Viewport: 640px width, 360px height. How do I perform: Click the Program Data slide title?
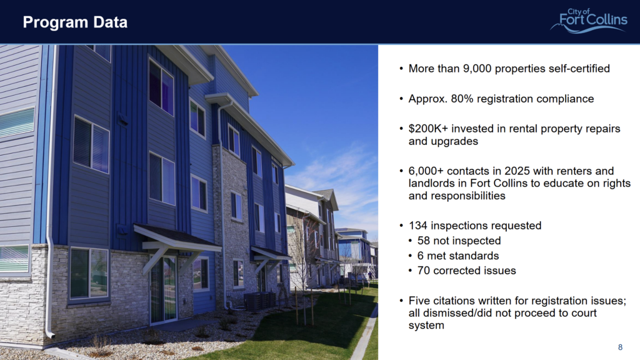75,22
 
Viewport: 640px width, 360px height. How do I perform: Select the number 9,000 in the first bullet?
477,69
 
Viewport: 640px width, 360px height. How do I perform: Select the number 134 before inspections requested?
418,226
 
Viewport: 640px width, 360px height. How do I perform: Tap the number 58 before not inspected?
424,241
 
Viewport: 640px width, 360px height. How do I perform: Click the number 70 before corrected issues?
424,271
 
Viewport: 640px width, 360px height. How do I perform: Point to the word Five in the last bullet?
418,301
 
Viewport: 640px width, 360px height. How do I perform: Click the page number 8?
620,347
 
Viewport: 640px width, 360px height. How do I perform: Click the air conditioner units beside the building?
261,301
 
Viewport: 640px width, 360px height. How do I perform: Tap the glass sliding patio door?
163,289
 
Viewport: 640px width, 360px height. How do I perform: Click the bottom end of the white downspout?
51,336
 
